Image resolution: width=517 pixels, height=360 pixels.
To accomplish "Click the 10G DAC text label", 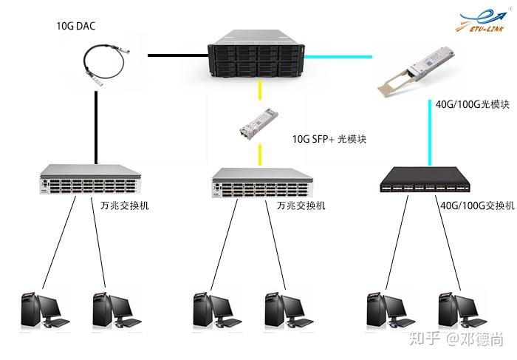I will (76, 26).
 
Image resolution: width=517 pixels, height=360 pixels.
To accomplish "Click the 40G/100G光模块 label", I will (473, 104).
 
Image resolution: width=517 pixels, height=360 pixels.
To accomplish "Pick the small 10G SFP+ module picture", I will (255, 127).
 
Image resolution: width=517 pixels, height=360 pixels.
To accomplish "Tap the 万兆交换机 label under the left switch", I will (124, 205).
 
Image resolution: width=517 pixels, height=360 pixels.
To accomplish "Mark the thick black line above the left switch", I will (97, 126).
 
